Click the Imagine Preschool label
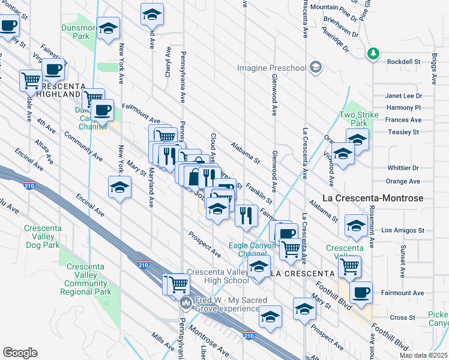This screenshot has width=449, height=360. tap(271, 68)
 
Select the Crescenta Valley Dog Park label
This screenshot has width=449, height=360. tap(42, 236)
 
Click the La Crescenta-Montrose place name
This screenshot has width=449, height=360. tap(373, 198)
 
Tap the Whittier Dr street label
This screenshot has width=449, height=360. tap(403, 168)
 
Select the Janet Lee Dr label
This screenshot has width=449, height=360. tap(403, 96)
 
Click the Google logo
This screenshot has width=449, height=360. tap(20, 353)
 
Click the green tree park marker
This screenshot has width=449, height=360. tap(373, 54)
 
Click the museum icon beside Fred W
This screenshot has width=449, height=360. tap(186, 304)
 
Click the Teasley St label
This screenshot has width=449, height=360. tap(403, 132)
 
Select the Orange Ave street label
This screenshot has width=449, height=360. tap(403, 181)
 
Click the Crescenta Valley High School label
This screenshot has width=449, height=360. tap(218, 276)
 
